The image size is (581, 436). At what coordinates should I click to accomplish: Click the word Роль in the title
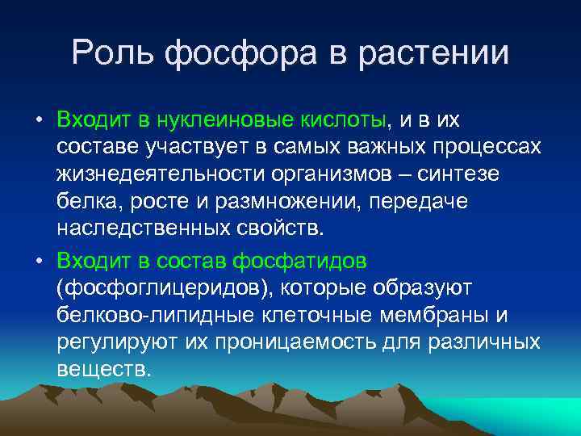pyautogui.click(x=115, y=53)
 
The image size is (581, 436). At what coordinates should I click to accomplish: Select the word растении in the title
pyautogui.click(x=441, y=53)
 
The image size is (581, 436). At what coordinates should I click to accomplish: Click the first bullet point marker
pyautogui.click(x=38, y=122)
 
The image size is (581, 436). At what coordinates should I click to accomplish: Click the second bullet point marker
pyautogui.click(x=38, y=261)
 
